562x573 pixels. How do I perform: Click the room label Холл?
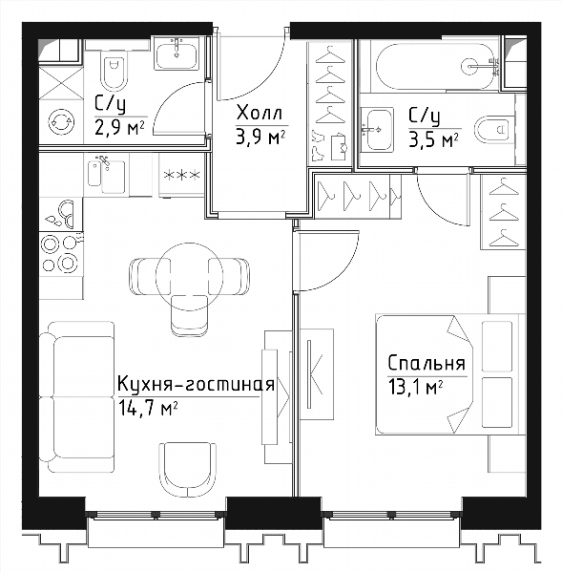point(260,113)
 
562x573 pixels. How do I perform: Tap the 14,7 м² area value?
point(148,408)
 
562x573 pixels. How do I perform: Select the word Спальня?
point(427,364)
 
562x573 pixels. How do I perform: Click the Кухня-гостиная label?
point(196,385)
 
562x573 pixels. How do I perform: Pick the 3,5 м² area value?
point(433,139)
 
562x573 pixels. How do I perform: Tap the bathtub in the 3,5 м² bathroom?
point(435,66)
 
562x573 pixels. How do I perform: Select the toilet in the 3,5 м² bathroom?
point(495,130)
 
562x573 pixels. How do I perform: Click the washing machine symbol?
point(61,122)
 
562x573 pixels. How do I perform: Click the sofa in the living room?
point(76,396)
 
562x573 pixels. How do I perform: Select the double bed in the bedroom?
point(450,374)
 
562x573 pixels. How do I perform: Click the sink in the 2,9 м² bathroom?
point(177,53)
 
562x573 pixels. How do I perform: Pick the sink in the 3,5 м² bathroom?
point(377,129)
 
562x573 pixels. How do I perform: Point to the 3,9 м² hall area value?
point(260,138)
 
